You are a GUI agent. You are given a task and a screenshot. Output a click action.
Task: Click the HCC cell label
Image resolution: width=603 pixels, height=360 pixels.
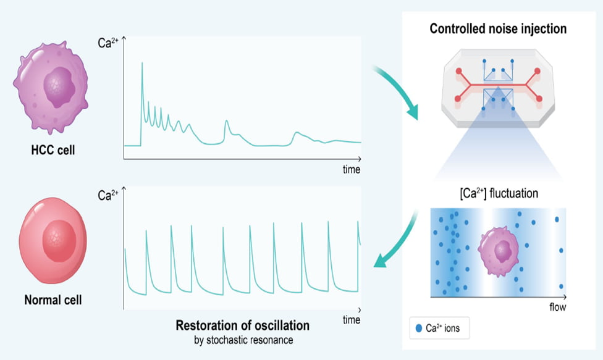click(x=53, y=149)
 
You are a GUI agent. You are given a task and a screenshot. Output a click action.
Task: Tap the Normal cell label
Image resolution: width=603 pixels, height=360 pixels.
click(x=53, y=301)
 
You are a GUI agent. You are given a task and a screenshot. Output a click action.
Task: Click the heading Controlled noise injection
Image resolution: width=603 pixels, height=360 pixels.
click(x=498, y=28)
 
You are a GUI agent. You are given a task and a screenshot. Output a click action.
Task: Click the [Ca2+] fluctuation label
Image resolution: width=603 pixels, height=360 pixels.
click(x=499, y=193)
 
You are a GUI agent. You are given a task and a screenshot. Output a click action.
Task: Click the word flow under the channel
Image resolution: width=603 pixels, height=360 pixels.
click(x=557, y=307)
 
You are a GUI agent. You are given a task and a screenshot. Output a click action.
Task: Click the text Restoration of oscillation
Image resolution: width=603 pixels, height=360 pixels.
click(x=243, y=325)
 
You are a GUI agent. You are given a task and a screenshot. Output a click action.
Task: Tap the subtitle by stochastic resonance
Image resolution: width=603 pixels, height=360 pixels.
click(x=243, y=339)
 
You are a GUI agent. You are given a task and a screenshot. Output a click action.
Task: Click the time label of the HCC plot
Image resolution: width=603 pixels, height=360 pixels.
click(x=352, y=169)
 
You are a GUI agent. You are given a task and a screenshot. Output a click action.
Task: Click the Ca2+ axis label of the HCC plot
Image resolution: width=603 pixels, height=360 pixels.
click(x=109, y=44)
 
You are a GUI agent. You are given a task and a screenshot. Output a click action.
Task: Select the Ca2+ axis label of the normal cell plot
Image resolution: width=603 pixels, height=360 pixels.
click(x=109, y=196)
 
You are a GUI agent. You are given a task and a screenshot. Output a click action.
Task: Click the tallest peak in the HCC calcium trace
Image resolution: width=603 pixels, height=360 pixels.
click(x=142, y=64)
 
